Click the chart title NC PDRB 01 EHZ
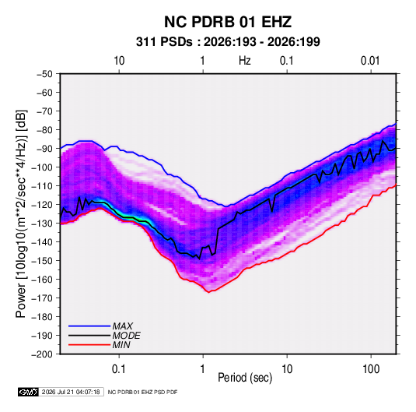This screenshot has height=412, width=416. click(228, 22)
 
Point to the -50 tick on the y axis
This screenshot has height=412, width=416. click(44, 74)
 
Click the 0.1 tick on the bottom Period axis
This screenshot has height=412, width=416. click(119, 369)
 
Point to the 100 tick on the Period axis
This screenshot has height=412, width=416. click(371, 369)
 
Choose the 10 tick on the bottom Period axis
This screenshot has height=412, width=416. click(287, 369)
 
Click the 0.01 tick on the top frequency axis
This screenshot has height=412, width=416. click(370, 61)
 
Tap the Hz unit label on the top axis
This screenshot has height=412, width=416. click(245, 61)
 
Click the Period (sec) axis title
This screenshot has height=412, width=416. click(245, 378)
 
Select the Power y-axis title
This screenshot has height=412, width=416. click(21, 214)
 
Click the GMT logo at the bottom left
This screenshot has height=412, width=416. click(29, 392)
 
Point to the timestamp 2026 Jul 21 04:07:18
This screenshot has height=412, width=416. click(71, 392)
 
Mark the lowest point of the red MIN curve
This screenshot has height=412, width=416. click(209, 292)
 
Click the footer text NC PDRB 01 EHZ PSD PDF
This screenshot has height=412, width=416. click(142, 392)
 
